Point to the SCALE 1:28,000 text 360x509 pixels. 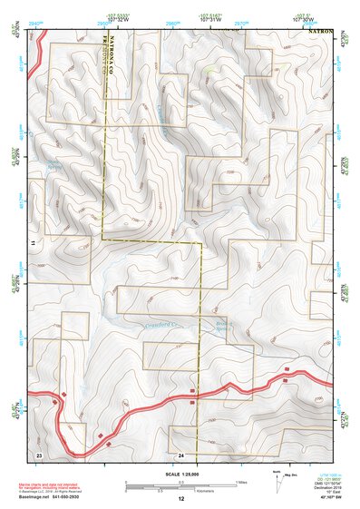pyautogui.click(x=180, y=473)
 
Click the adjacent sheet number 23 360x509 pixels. pyautogui.click(x=39, y=453)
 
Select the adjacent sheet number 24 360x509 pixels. pyautogui.click(x=181, y=453)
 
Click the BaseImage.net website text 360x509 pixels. pyautogui.click(x=55, y=497)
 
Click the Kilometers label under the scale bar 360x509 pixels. pyautogui.click(x=180, y=490)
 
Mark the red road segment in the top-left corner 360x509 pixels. pyautogui.click(x=32, y=68)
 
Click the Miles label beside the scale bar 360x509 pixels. pyautogui.click(x=241, y=481)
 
